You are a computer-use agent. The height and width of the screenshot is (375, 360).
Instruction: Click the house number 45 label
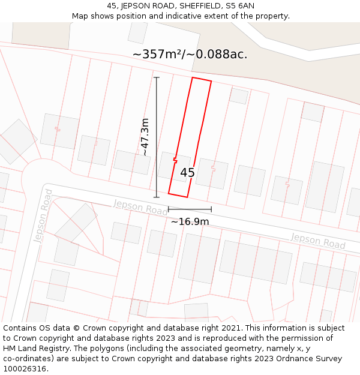tap(187, 173)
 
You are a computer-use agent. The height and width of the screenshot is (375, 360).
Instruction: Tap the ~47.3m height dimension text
tap(145, 137)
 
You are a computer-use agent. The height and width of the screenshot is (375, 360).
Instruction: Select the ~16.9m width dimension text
tap(190, 221)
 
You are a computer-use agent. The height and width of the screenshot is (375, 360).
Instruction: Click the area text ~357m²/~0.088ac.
tap(190, 55)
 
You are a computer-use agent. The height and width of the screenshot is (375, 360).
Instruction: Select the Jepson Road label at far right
tap(318, 241)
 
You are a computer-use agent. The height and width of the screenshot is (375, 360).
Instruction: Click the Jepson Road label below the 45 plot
tap(140, 208)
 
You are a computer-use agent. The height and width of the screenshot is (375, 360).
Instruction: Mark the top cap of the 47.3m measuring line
tap(157, 77)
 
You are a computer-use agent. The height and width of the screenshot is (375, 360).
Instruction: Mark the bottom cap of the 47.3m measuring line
tap(157, 197)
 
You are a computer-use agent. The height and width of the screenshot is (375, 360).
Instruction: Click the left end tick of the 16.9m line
tap(169, 209)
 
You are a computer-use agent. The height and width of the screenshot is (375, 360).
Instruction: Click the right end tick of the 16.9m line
tap(211, 209)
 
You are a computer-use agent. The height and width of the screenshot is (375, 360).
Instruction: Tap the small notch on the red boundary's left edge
tap(175, 160)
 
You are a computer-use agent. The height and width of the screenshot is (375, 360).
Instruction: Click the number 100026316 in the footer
tap(25, 368)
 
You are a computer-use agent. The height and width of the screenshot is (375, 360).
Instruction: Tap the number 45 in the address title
tap(112, 5)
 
